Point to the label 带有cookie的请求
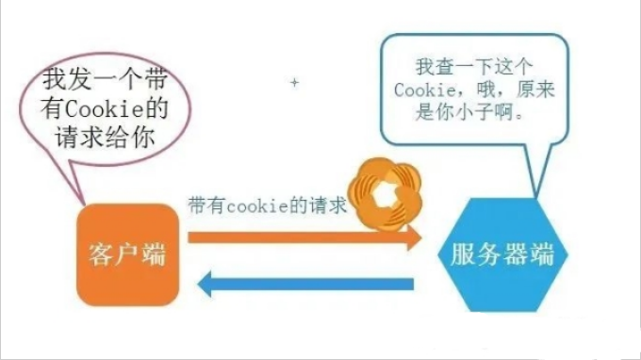[x=268, y=206]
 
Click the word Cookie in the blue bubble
[x=426, y=90]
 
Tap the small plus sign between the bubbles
[x=294, y=83]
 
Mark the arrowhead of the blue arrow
[x=206, y=282]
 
